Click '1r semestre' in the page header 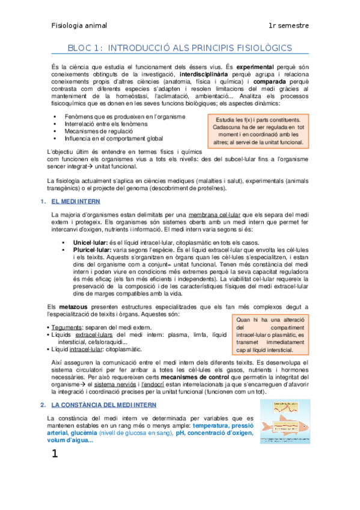289,26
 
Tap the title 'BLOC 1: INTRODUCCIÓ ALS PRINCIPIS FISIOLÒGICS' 180,48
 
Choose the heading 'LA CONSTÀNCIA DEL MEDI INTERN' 103,405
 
